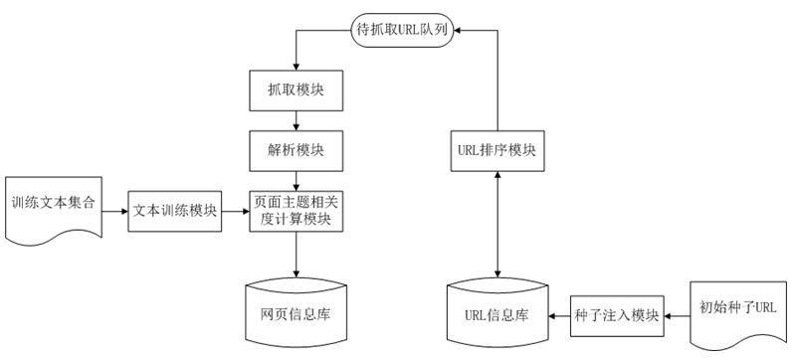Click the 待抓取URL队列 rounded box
point(404,31)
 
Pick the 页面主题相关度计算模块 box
point(296,210)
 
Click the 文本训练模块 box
point(174,210)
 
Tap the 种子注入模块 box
point(617,316)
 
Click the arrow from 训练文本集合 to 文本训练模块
point(113,210)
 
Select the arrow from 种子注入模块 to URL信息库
point(557,316)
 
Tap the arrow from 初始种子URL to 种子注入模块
point(678,316)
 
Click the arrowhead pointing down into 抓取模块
point(296,66)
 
